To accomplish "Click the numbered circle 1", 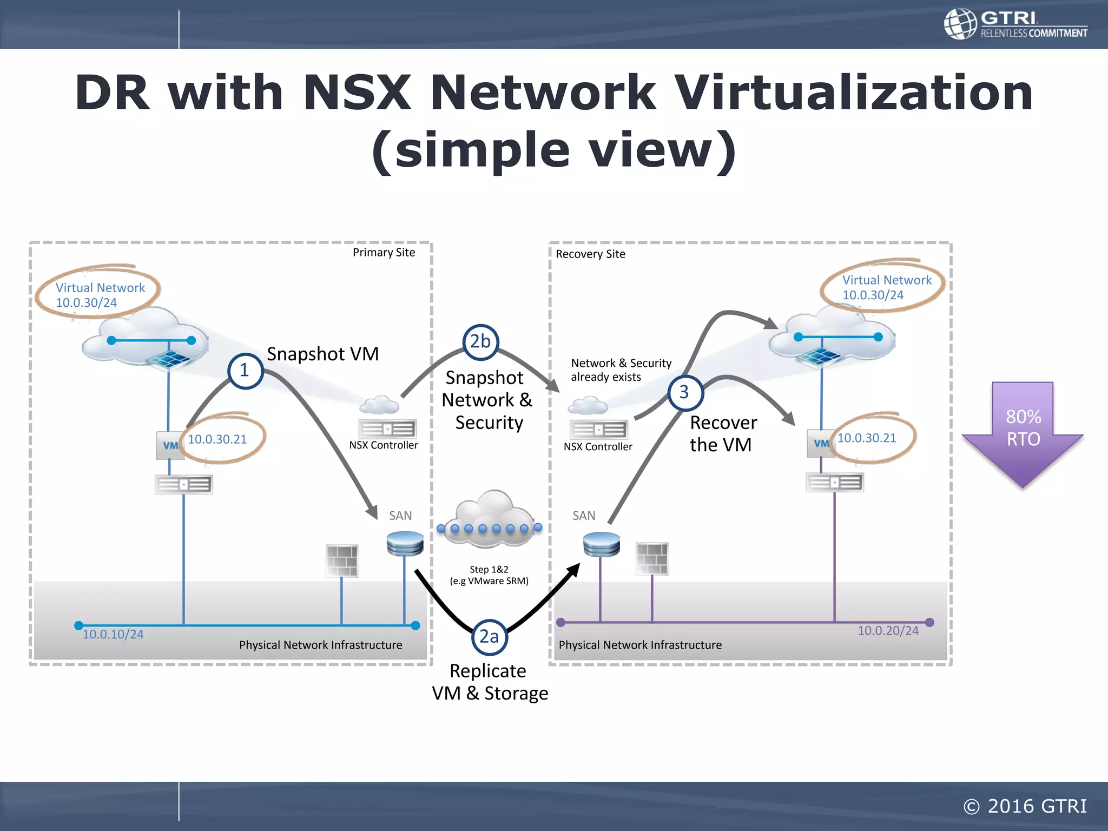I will [x=245, y=371].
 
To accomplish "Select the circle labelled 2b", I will [x=480, y=342].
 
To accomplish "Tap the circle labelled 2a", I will [x=489, y=637].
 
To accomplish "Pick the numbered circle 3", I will [x=685, y=392].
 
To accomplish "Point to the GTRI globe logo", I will [x=961, y=24].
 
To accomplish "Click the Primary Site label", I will [x=384, y=253].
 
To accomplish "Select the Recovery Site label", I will [x=590, y=254].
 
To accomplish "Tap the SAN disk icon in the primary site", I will [x=405, y=543].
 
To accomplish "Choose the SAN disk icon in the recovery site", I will [x=602, y=544].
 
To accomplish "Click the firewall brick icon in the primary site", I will [x=342, y=560].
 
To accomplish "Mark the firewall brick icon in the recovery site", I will [x=652, y=558].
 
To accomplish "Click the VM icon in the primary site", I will [x=170, y=445].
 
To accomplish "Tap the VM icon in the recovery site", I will [x=821, y=444].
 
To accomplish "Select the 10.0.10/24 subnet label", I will [x=113, y=635].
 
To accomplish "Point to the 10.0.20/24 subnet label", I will [x=888, y=631].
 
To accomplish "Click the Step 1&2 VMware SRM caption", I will [x=489, y=575].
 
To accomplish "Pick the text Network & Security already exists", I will [x=621, y=370].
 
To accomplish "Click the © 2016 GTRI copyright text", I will [x=1025, y=806].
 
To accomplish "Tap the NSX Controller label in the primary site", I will [x=384, y=445].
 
